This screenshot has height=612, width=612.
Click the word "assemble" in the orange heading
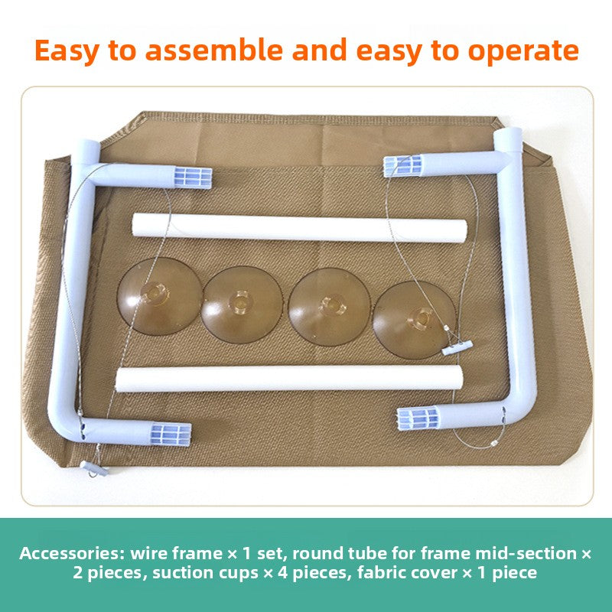(213, 50)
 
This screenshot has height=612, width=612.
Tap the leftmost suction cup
(160, 296)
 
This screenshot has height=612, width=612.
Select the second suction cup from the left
(242, 304)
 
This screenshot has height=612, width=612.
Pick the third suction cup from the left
(330, 307)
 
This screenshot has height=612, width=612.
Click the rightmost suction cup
(414, 320)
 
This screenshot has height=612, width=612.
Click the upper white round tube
(299, 228)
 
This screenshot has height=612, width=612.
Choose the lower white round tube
(289, 378)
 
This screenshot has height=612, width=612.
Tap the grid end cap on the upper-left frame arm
(193, 177)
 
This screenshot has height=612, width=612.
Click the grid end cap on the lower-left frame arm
(171, 434)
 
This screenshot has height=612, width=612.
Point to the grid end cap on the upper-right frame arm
(403, 166)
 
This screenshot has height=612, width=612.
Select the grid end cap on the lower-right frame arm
(418, 418)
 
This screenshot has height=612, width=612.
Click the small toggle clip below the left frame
(94, 468)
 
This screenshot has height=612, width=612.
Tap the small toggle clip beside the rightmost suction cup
(457, 347)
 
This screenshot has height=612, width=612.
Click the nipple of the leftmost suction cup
(155, 293)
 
